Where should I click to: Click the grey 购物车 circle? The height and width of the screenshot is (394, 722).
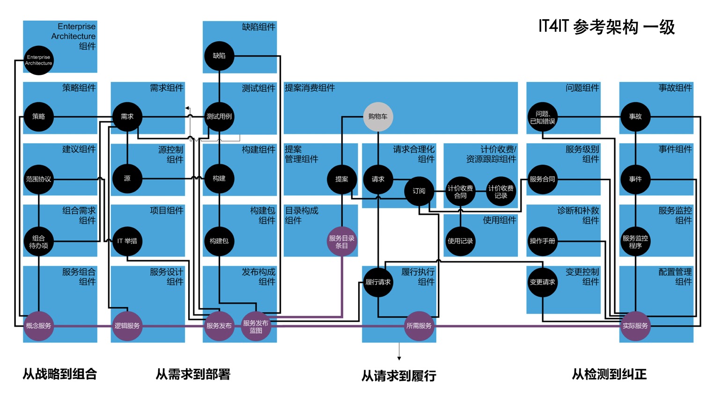click(378, 117)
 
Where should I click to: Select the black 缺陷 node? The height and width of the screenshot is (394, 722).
click(219, 56)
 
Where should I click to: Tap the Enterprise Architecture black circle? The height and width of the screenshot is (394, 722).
click(38, 60)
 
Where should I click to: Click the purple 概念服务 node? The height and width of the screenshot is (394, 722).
click(38, 326)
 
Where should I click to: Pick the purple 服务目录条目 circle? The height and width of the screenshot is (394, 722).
click(342, 241)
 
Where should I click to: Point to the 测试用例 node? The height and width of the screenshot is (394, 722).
click(219, 117)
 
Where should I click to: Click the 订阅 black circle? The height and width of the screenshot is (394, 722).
click(419, 191)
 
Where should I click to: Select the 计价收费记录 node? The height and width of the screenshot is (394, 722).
click(501, 192)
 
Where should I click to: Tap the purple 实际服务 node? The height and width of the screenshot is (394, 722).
click(635, 326)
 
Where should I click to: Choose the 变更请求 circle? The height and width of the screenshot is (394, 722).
click(542, 282)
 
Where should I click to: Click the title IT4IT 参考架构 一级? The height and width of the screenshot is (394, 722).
click(606, 27)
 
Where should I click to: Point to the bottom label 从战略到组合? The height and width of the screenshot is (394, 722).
click(60, 374)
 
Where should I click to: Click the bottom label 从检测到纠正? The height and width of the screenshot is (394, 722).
click(609, 374)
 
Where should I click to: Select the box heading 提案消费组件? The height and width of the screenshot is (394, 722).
click(310, 88)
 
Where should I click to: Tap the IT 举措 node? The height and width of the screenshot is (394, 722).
click(127, 241)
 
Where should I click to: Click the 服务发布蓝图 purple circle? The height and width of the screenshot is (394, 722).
click(256, 327)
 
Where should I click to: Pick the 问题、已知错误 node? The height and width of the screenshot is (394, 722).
click(542, 117)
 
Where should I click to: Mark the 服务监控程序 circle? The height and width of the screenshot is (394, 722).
click(635, 241)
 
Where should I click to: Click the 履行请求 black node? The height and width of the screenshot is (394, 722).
click(378, 282)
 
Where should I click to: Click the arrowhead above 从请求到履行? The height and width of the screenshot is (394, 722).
click(399, 358)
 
